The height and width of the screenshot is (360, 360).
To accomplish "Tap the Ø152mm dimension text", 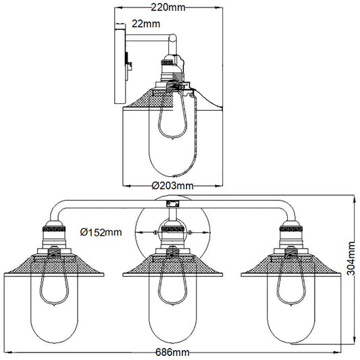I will (101, 232).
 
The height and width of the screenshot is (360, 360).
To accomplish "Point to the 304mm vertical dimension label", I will (349, 265).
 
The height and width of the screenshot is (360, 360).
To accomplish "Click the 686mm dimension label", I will (172, 351).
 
